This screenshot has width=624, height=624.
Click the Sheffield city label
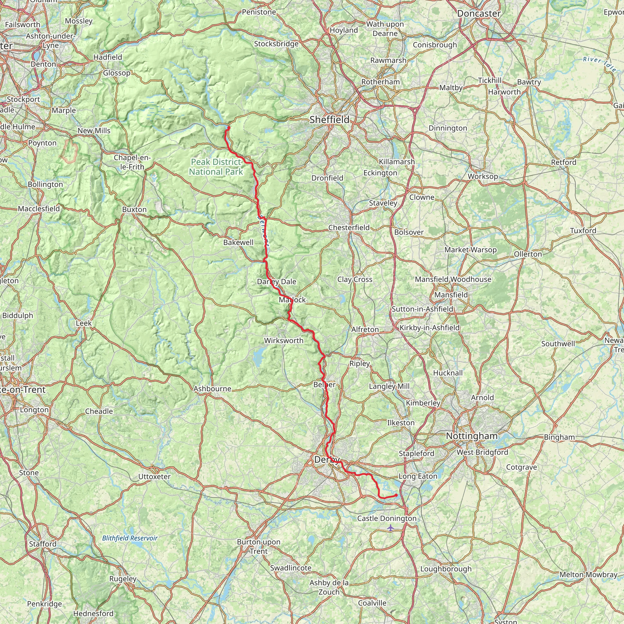tap(329, 120)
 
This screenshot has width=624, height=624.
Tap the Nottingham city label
tap(472, 436)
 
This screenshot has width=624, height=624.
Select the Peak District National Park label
tap(216, 167)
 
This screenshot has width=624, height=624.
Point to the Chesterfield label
tap(349, 228)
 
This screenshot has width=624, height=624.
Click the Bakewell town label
tap(238, 242)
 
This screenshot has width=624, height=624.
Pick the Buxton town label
tap(134, 210)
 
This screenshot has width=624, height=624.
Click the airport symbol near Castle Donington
tap(391, 528)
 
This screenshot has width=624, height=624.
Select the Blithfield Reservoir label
tap(130, 538)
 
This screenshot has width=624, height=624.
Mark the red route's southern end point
tap(396, 495)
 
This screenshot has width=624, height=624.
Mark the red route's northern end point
tap(229, 128)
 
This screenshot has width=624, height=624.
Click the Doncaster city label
tap(479, 14)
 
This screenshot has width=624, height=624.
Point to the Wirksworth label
tap(284, 341)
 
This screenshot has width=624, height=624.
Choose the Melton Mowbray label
tap(588, 575)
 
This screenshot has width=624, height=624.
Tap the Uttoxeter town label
tap(154, 477)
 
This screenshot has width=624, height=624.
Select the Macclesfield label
tap(39, 209)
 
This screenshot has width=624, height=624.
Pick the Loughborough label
tap(446, 569)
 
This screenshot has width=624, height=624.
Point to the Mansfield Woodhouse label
tap(453, 279)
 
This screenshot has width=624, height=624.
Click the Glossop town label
tap(117, 73)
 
